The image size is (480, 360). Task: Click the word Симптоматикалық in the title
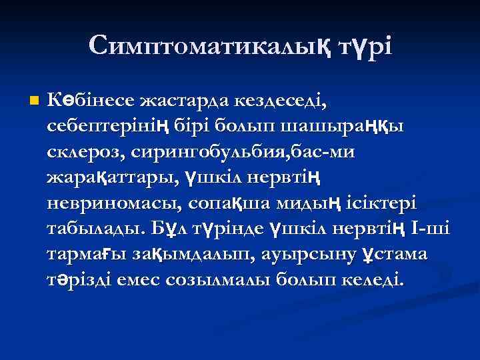coord(204,46)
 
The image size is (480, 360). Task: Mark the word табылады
coord(97,227)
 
